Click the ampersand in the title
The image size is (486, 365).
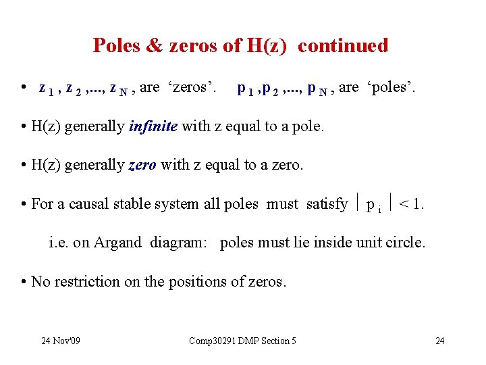point(156,45)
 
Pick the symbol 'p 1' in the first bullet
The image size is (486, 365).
point(246,89)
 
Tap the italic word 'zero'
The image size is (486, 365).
point(142,166)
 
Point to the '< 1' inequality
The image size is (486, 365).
point(411,203)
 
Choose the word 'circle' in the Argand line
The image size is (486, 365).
point(405,242)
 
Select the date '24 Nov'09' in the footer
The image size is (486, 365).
point(61,341)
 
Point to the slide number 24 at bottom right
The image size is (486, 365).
point(439,341)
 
